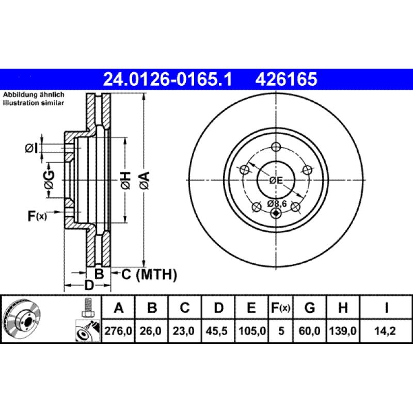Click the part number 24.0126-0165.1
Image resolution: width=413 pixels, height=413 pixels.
(168, 79)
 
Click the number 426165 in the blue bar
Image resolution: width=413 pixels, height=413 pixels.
(285, 79)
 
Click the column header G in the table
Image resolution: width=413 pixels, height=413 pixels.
(309, 309)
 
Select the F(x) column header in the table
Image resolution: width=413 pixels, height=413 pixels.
(281, 309)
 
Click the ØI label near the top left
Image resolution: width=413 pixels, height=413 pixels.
(32, 149)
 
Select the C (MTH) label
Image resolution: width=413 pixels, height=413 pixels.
(149, 274)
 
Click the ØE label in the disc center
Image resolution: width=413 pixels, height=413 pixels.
(276, 180)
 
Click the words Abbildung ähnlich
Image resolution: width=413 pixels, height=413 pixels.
(34, 95)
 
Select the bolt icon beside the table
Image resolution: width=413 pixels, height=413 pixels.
(87, 308)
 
